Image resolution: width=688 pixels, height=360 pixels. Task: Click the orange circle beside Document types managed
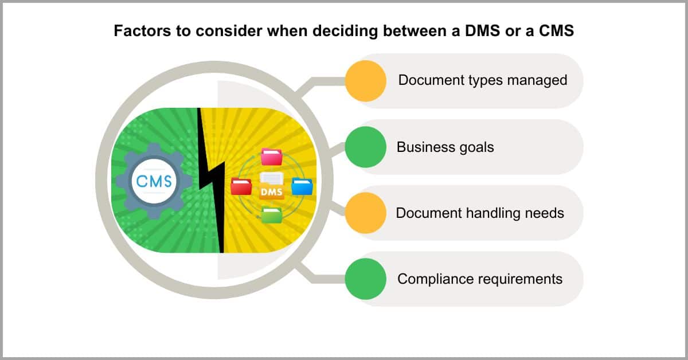click(366, 81)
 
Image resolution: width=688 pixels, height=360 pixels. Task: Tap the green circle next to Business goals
click(366, 147)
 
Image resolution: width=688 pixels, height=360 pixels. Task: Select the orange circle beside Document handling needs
click(366, 213)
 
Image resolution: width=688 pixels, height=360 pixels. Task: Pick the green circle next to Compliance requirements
click(366, 279)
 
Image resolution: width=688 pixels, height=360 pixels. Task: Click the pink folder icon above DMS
click(271, 156)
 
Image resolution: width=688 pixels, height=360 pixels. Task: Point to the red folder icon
click(241, 186)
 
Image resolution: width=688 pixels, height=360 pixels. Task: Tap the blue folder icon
click(302, 186)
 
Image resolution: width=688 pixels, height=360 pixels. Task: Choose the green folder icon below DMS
click(272, 215)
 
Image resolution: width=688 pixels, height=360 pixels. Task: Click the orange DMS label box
click(272, 191)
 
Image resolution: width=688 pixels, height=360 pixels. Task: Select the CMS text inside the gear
click(154, 181)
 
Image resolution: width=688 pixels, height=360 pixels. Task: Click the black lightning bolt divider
click(212, 181)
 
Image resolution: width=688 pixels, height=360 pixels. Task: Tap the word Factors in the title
click(142, 31)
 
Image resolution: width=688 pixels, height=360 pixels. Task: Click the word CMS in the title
click(556, 31)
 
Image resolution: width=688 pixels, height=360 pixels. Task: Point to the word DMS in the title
click(482, 31)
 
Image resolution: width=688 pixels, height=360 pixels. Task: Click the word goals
click(476, 147)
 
